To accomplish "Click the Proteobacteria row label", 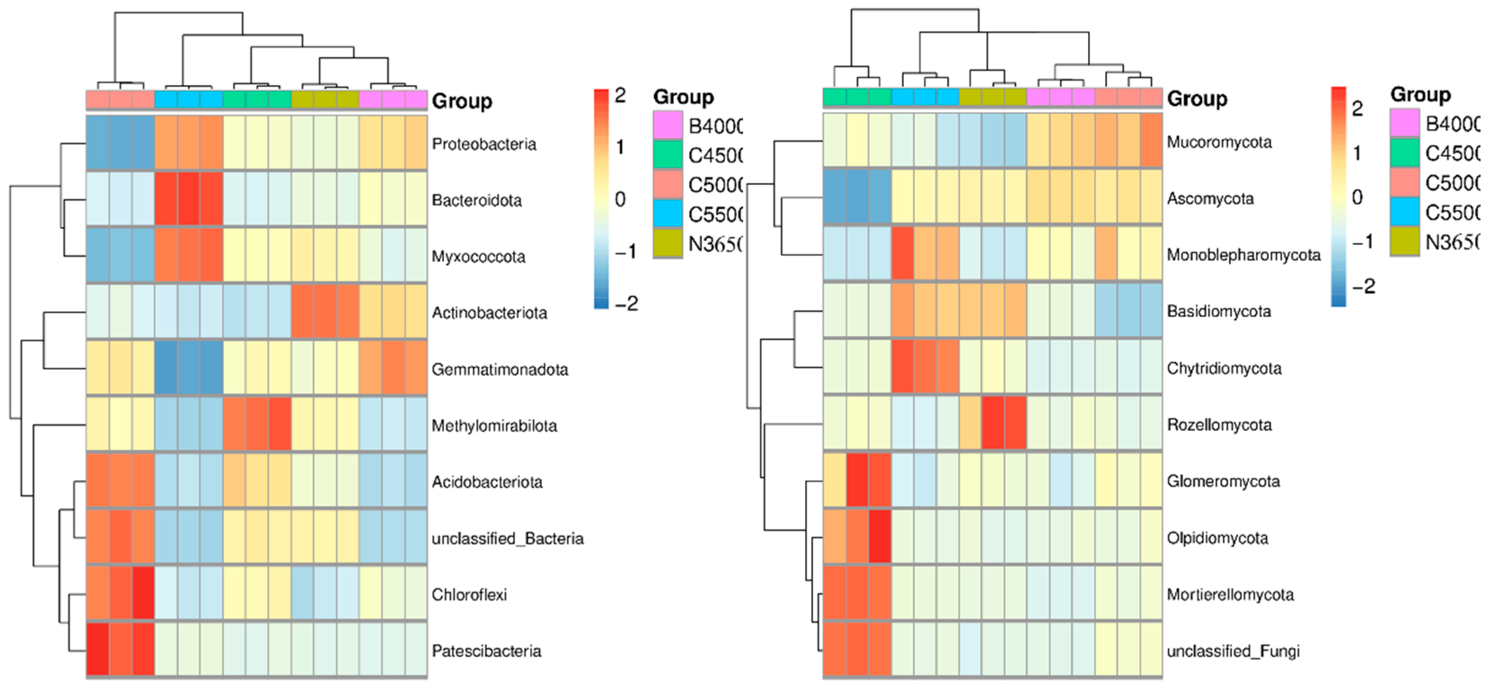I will [x=484, y=144].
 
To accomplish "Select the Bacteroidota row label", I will [x=476, y=201].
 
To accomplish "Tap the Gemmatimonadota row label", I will [x=499, y=369].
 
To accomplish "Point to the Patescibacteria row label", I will [x=486, y=651].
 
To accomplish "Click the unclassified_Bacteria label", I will [x=507, y=538].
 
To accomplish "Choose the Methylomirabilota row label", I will [x=494, y=426].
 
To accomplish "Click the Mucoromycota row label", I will [x=1219, y=142].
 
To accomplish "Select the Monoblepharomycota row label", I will [x=1243, y=255].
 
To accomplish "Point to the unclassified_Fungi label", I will [x=1233, y=651].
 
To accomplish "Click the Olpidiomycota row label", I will [x=1217, y=538].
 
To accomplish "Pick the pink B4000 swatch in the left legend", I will [x=667, y=125].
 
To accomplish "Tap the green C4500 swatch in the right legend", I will [x=1404, y=153].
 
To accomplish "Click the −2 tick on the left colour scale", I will [x=626, y=303].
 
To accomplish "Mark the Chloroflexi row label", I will [x=469, y=594].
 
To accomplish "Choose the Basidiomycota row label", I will [x=1219, y=311].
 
